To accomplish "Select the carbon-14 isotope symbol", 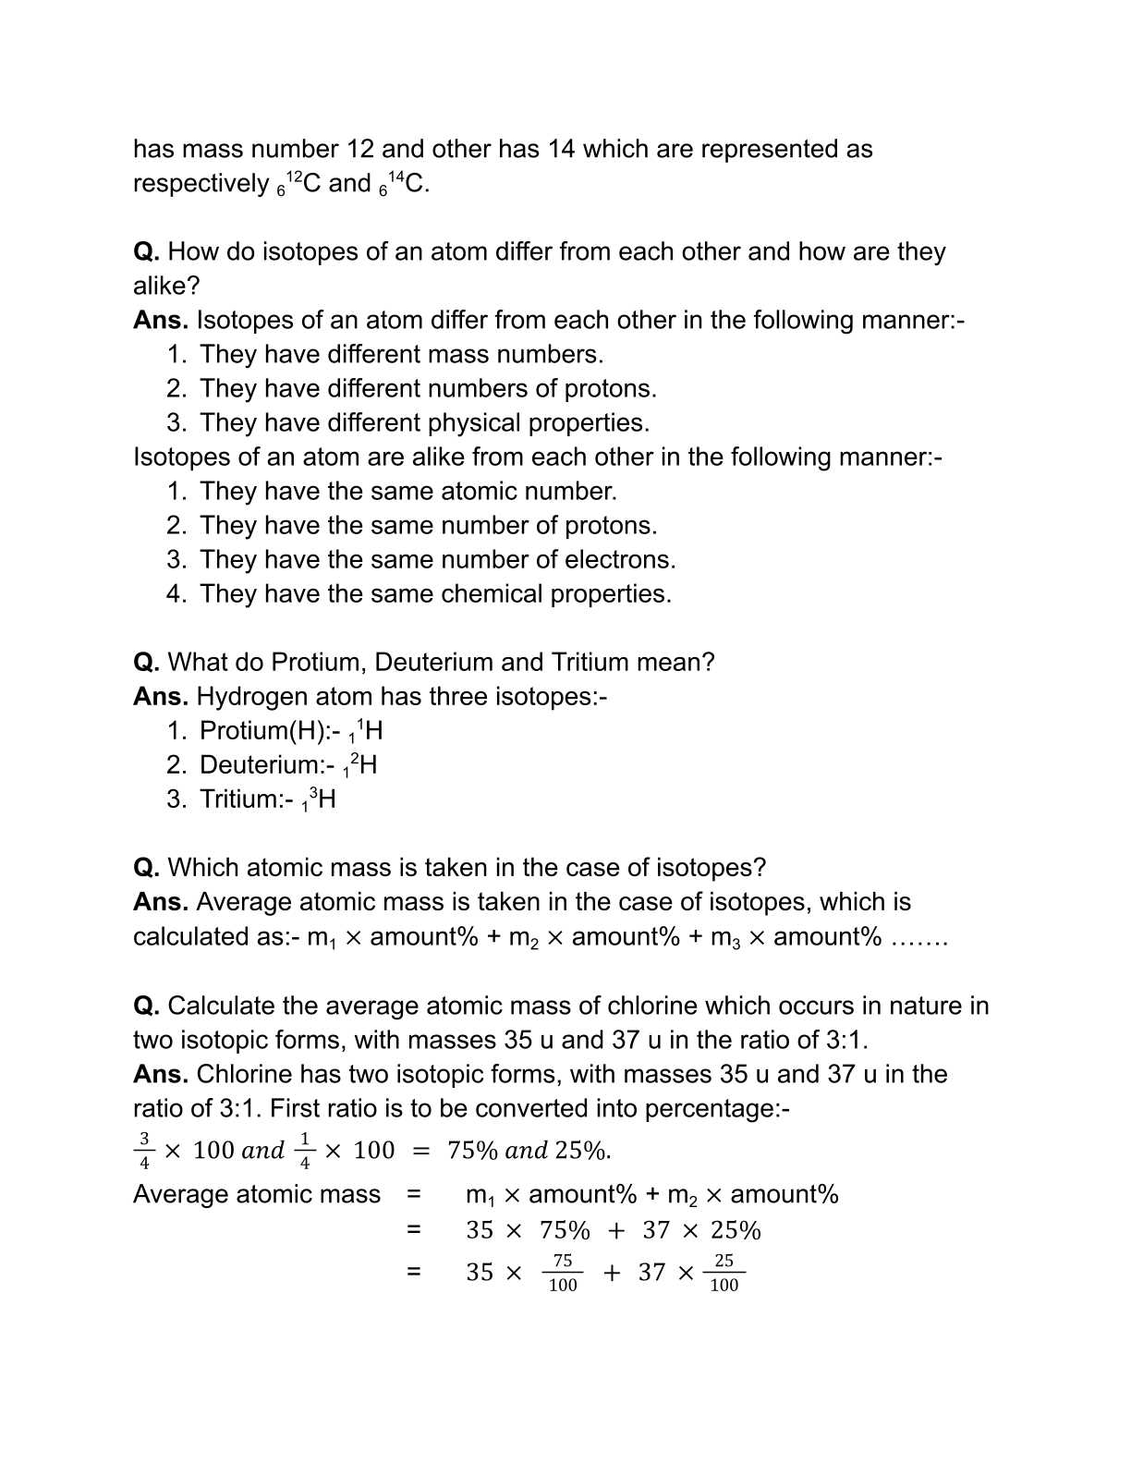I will coord(403,184).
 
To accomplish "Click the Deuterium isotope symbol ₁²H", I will coord(359,766).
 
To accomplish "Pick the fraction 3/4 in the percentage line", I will coord(144,1151).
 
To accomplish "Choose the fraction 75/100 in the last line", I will coord(562,1273).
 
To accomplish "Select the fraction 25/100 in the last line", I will coord(724,1273).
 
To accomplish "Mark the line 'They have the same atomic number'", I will coord(407,492).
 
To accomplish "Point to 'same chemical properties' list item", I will coord(498,594).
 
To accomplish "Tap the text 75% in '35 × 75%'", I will coord(565,1231).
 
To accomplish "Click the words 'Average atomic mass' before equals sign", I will coord(257,1195).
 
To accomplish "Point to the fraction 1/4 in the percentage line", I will coord(305,1151).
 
